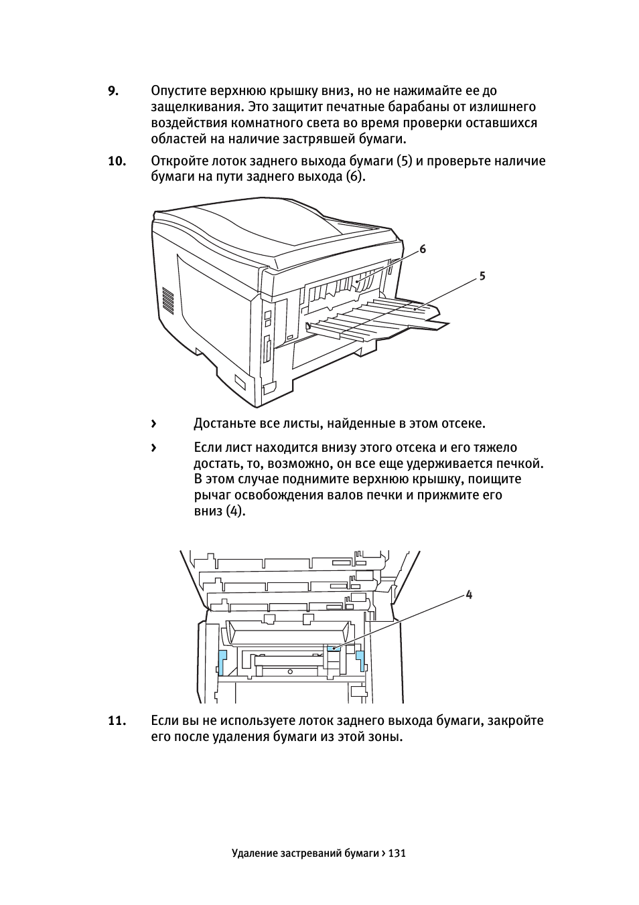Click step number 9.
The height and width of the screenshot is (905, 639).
pos(113,91)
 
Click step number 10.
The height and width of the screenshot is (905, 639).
pos(117,161)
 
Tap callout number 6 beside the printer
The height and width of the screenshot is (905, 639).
pos(423,249)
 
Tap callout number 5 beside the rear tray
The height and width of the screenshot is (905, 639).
pos(482,276)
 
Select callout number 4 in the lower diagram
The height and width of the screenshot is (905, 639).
pos(468,594)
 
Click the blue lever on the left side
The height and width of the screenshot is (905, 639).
pos(222,663)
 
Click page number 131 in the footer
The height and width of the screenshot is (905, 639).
pos(397,853)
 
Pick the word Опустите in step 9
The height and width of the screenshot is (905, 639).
pos(178,91)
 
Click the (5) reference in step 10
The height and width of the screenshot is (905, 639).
pos(404,161)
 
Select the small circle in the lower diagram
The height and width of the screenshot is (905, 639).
pos(290,671)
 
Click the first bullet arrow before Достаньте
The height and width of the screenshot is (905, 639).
pos(153,424)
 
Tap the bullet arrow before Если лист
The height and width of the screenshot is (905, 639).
pos(153,448)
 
